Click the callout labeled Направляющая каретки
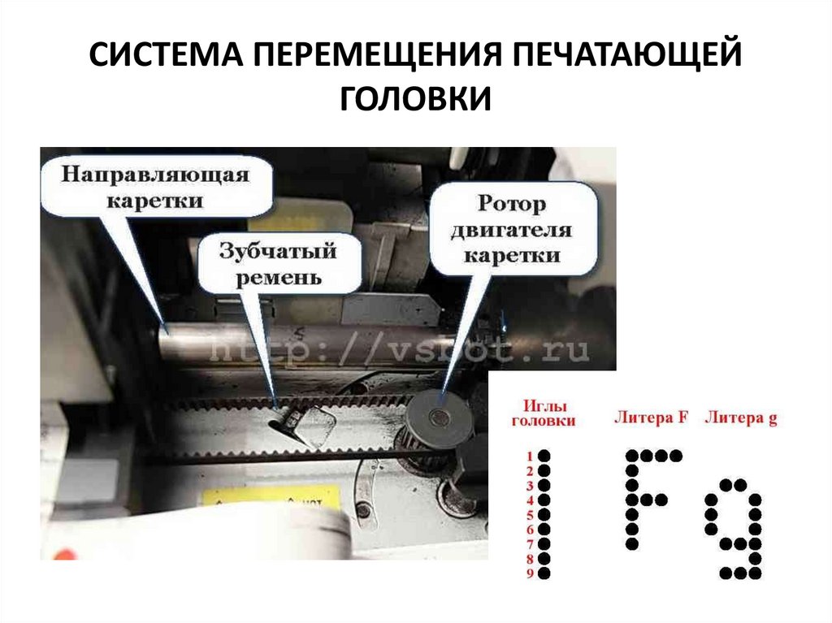click(155, 186)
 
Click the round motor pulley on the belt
click(440, 418)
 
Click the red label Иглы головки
click(543, 413)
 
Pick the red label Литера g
click(740, 418)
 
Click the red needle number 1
click(529, 456)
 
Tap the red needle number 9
click(529, 574)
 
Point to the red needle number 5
click(529, 515)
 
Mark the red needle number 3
click(529, 486)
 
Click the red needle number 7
click(529, 544)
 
